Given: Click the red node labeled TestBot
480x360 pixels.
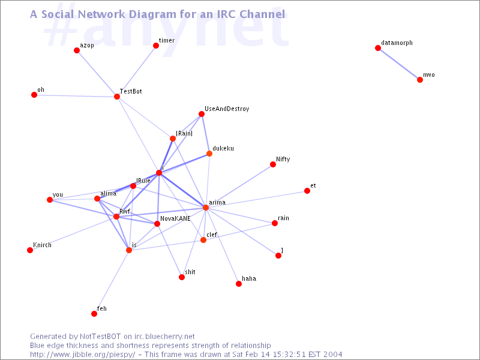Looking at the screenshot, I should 117,97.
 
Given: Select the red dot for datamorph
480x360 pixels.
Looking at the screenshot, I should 378,48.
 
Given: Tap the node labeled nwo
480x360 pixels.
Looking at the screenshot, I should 420,80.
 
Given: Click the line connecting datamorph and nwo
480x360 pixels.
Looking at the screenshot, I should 399,64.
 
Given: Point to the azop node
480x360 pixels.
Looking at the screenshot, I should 77,50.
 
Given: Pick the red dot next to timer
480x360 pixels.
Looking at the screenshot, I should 156,46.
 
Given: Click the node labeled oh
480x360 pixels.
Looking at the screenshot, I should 34,95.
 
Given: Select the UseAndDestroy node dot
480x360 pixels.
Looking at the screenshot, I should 202,114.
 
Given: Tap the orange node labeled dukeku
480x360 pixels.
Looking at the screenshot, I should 209,154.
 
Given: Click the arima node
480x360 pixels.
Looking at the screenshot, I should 206,208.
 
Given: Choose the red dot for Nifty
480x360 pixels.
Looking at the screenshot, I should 273,164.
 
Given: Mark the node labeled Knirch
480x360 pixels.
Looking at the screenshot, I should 30,250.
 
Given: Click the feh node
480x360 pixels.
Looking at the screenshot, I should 94,314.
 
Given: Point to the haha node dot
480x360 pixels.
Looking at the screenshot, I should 239,284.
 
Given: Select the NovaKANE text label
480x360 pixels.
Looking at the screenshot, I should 175,218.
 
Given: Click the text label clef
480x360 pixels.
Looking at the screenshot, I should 212,235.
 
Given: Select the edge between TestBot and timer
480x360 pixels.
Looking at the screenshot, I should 137,71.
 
